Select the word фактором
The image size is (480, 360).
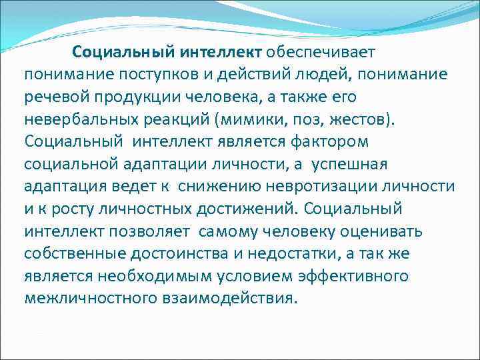(339, 143)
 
